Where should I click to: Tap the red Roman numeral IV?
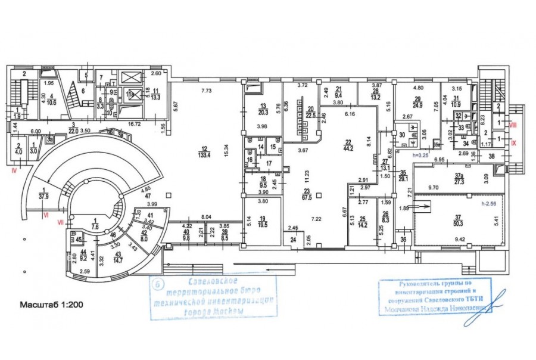[x=13, y=169]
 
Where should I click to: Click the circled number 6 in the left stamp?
[x=157, y=284]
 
